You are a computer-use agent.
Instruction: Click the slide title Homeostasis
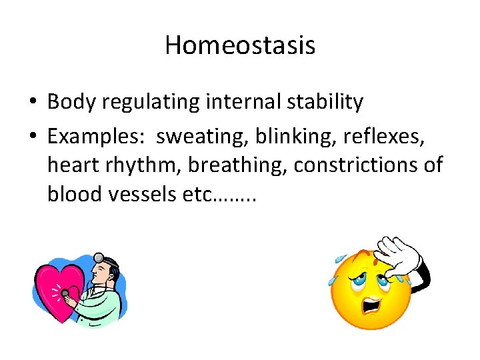click(x=240, y=45)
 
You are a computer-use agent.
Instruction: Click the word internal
click(x=238, y=102)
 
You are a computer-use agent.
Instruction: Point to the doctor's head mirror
click(x=99, y=257)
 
